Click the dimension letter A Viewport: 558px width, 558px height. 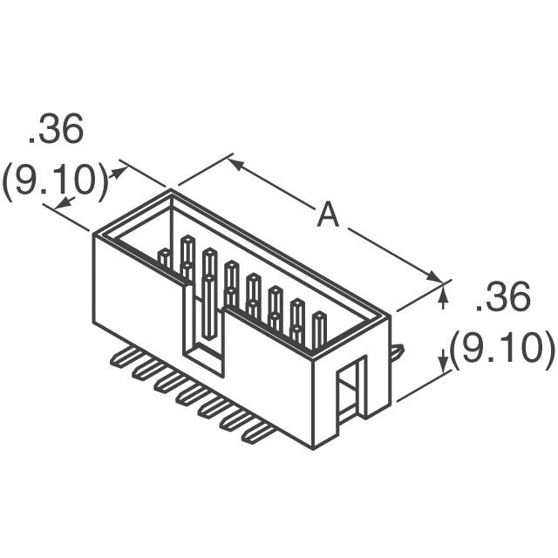[x=327, y=214]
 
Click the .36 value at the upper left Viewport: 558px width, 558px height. [x=56, y=132]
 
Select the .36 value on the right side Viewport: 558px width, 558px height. [x=502, y=299]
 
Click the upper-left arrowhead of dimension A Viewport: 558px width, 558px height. [x=238, y=164]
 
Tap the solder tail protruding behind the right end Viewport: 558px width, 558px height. [x=397, y=351]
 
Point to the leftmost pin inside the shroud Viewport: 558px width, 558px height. [x=164, y=257]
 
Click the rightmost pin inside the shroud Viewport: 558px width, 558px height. [x=319, y=330]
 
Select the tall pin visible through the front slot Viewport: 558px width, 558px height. [x=209, y=305]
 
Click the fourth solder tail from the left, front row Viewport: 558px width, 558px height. [x=187, y=398]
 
